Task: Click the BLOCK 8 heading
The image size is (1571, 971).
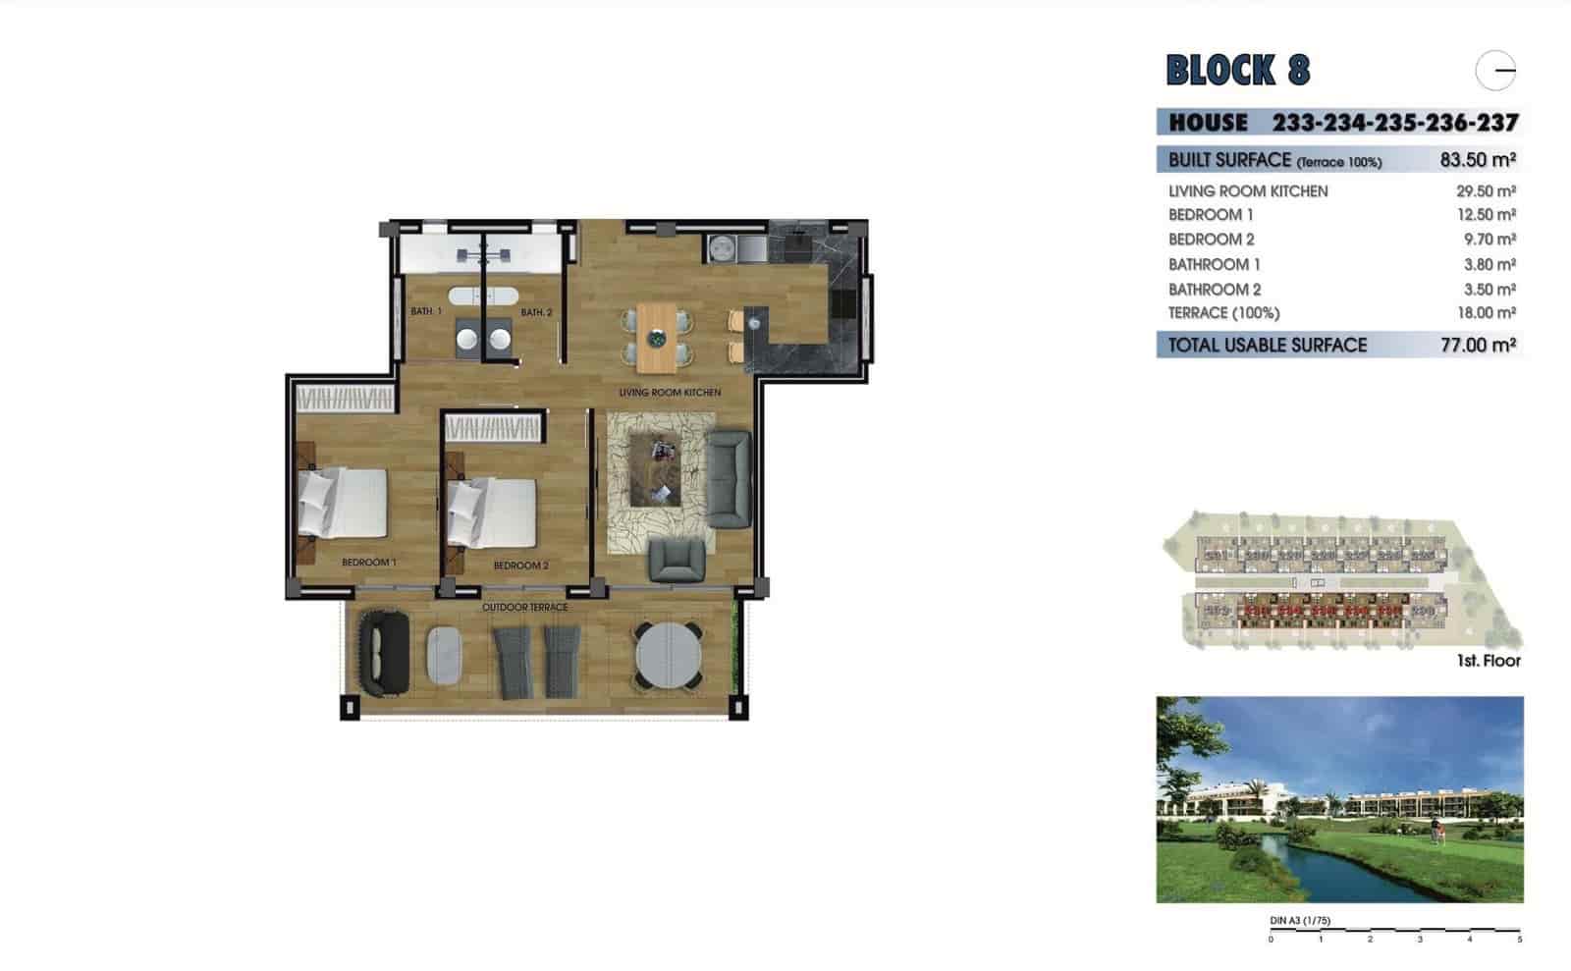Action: [1237, 70]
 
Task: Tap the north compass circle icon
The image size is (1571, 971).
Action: [1495, 71]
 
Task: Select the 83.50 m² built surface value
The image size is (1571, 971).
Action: [1478, 160]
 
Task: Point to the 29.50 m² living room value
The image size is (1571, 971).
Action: [1486, 191]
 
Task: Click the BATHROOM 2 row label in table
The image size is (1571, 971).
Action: [1214, 290]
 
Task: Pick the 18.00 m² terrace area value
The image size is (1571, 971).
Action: [1486, 313]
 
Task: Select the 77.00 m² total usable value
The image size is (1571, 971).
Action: [1478, 345]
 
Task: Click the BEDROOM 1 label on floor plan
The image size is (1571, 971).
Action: [368, 563]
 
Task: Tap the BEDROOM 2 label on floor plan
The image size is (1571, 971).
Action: [520, 566]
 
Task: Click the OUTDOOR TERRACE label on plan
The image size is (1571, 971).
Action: [524, 607]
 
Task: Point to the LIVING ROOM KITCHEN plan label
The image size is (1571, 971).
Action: [670, 393]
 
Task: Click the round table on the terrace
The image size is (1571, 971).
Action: [668, 655]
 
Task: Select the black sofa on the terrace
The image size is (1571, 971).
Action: [384, 653]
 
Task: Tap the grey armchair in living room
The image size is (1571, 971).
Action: [677, 561]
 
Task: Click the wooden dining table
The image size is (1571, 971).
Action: [656, 338]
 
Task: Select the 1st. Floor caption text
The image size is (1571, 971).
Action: [1489, 661]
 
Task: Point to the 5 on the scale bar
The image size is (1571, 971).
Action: [1519, 940]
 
